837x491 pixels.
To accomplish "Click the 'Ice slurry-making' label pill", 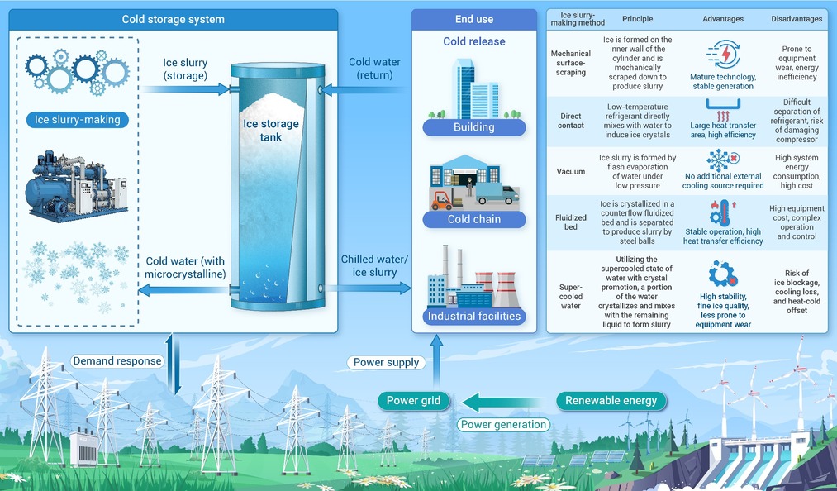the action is pos(78,120).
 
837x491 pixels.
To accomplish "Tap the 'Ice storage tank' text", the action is pos(271,131).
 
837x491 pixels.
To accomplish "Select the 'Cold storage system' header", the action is pos(174,19).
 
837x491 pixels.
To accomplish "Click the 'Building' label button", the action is pos(474,127).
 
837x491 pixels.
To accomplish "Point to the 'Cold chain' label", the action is pos(474,219).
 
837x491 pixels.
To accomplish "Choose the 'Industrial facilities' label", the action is pos(474,316).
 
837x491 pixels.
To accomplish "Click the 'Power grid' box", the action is pos(414,401).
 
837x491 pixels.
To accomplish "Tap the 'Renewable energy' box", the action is pos(611,401).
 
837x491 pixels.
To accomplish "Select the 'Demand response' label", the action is pos(117,361).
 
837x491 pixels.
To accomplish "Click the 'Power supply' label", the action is pos(387,362).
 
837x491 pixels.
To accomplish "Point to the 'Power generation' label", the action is pos(504,425).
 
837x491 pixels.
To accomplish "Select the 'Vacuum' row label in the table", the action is pos(571,171).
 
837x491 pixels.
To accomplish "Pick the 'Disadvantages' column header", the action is pos(797,19).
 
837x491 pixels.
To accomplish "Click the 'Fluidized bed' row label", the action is pos(571,222).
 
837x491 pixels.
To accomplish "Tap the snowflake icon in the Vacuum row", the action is pos(719,160).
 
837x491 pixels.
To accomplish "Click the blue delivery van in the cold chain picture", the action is pos(497,194).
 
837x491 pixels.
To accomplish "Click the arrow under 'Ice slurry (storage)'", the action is pos(186,88).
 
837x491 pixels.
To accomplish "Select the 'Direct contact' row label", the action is pos(571,121).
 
